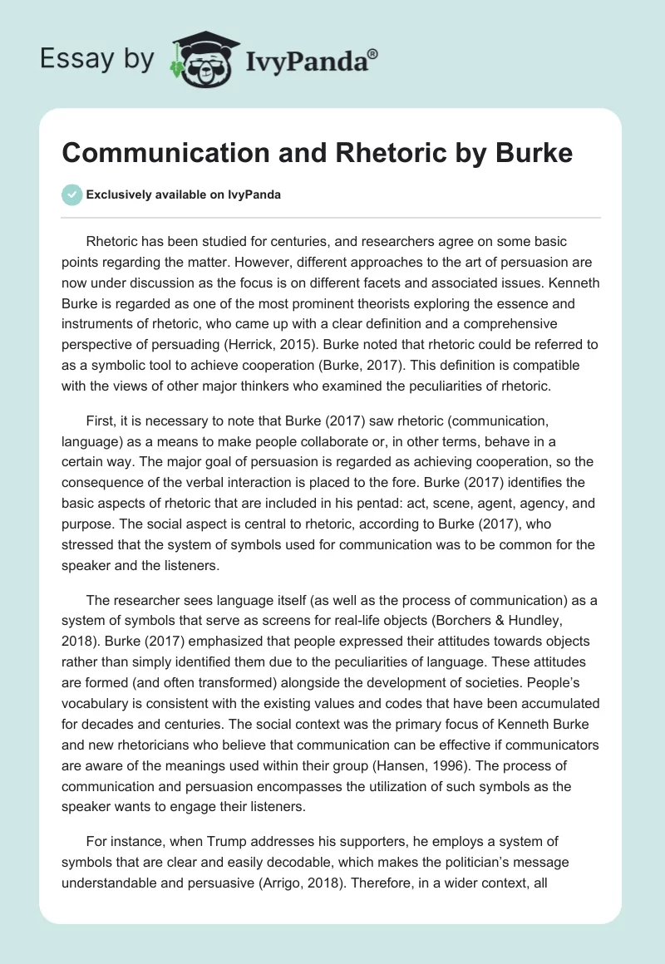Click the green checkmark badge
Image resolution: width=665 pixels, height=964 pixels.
click(72, 194)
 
